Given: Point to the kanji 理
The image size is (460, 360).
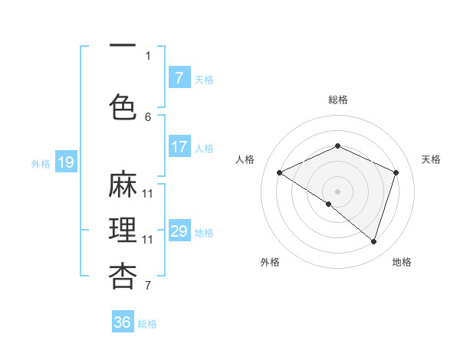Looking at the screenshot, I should coord(123,231).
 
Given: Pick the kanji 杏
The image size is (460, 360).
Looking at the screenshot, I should coord(123,276).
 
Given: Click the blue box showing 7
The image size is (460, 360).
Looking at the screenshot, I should coord(179,77).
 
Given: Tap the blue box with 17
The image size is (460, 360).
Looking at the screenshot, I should coord(179,147).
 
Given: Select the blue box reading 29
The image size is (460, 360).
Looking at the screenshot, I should coord(179,231).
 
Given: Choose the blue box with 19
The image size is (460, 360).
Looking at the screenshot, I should coord(65,162).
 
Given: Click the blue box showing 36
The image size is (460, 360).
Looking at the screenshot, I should coord(123,322).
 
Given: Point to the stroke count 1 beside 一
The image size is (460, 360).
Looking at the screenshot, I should coord(148,55).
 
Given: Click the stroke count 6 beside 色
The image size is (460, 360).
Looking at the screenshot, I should coord(148,116).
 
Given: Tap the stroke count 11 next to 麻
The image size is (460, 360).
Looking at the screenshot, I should coord(148,193).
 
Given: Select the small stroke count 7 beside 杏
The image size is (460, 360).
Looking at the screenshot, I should coord(148,286).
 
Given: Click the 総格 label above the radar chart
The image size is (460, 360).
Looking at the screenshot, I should coord(337,100).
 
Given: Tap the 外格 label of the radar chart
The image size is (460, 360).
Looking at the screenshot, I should coord(270,262).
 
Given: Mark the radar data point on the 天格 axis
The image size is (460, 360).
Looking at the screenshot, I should coord(396,172).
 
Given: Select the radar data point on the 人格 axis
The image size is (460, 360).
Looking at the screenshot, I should coord(280,172).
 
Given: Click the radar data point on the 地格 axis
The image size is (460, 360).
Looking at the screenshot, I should coord(373,241).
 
